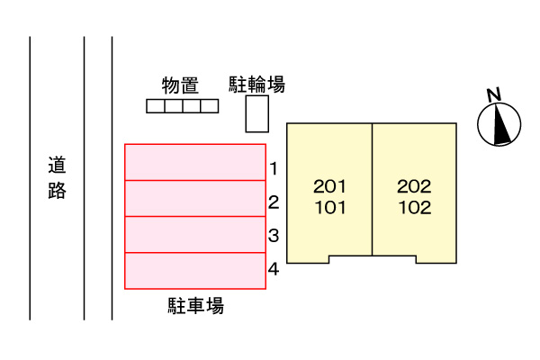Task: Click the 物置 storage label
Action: (180, 85)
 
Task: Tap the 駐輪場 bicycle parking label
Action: (257, 85)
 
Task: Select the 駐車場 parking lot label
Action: (195, 306)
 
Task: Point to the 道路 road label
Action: (58, 178)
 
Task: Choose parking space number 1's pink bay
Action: (195, 163)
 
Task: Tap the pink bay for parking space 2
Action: (195, 199)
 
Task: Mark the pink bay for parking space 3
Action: (195, 235)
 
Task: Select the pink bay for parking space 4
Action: (195, 271)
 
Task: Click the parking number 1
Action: (274, 168)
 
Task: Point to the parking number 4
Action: (274, 268)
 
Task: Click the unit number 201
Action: (329, 187)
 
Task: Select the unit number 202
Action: (414, 187)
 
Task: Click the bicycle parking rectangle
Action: (258, 114)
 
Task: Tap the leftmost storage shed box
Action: (156, 106)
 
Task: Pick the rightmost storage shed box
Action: (210, 106)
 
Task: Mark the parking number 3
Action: (274, 236)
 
